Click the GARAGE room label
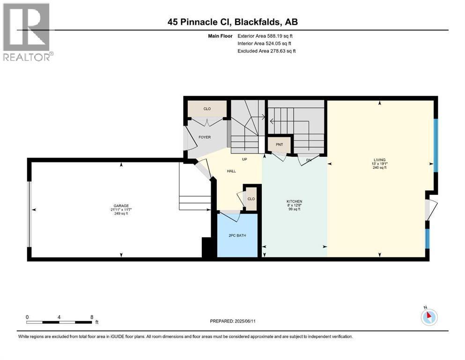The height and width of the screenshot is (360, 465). click(121, 205)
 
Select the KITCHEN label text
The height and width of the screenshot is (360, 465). click(295, 201)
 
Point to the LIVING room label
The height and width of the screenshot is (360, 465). click(380, 160)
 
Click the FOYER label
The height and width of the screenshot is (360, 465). click(204, 137)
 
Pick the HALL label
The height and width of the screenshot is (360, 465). click(231, 171)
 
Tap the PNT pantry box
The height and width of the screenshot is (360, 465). click(279, 144)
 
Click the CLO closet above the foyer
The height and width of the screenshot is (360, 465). click(207, 109)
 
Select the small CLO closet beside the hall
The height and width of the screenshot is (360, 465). click(251, 199)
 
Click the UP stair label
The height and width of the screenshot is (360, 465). click(244, 159)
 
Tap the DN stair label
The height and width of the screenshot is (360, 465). click(308, 159)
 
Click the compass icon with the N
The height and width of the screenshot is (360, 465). click(428, 316)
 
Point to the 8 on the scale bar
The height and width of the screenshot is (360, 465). click(91, 317)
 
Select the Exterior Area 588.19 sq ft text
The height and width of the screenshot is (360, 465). click(266, 36)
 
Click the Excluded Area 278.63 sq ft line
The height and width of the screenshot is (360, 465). click(266, 51)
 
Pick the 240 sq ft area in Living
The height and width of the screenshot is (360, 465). click(380, 168)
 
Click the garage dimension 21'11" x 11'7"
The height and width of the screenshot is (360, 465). click(121, 210)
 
